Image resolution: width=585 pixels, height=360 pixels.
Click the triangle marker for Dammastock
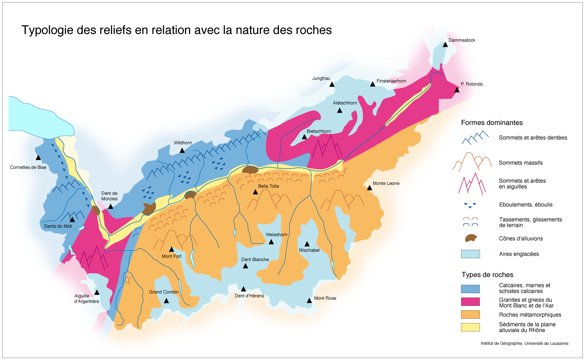445,45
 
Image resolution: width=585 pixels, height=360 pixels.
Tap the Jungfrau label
321,78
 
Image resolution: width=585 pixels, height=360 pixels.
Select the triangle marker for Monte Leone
370,188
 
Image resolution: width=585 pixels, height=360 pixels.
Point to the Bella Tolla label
268,186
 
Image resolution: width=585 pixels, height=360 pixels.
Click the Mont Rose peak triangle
309,300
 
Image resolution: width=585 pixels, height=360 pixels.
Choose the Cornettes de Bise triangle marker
38,158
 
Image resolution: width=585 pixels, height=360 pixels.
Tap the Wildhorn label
183,143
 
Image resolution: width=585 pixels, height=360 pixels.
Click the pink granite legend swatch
470,302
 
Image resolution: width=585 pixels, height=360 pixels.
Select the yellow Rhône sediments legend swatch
470,327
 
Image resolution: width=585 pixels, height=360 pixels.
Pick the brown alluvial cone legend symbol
471,239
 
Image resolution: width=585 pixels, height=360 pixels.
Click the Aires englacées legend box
470,254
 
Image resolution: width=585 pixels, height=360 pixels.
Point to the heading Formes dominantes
492,123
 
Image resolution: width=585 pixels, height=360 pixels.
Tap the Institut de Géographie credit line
524,343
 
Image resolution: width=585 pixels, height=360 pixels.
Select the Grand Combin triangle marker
166,301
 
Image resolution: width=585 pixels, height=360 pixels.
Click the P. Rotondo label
472,84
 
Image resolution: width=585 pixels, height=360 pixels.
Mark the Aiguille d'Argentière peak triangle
97,292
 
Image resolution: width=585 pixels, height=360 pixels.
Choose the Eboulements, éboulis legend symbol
470,205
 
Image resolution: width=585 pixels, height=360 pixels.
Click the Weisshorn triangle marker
271,242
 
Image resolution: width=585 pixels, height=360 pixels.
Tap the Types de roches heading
487,275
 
